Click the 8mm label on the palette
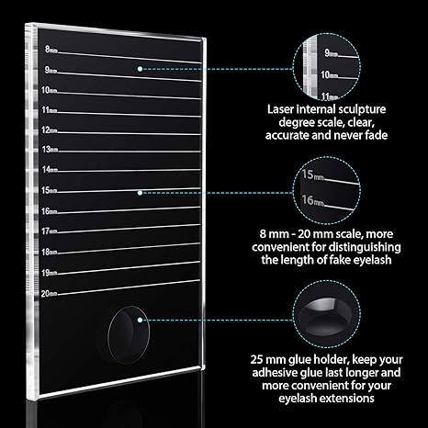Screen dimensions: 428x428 pyautogui.click(x=51, y=50)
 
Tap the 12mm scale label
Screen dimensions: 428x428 pyautogui.click(x=50, y=130)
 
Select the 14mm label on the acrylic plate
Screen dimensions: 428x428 pyautogui.click(x=50, y=169)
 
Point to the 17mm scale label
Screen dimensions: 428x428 pyautogui.click(x=50, y=231)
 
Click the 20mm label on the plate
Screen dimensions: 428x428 pyautogui.click(x=50, y=294)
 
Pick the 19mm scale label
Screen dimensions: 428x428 pyautogui.click(x=50, y=273)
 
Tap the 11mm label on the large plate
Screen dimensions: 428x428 pyautogui.click(x=50, y=110)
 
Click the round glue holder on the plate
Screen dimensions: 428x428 pyautogui.click(x=129, y=335)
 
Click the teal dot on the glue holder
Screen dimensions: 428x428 pyautogui.click(x=140, y=320)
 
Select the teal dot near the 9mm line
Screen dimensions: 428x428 pyautogui.click(x=140, y=69)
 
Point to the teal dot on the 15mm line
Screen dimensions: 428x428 pyautogui.click(x=140, y=193)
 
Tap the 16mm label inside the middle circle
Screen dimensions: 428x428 pyautogui.click(x=312, y=200)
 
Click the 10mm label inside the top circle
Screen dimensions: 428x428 pyautogui.click(x=329, y=74)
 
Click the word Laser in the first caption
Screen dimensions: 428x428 pyautogui.click(x=280, y=109)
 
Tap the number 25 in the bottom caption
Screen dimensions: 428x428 pyautogui.click(x=256, y=359)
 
